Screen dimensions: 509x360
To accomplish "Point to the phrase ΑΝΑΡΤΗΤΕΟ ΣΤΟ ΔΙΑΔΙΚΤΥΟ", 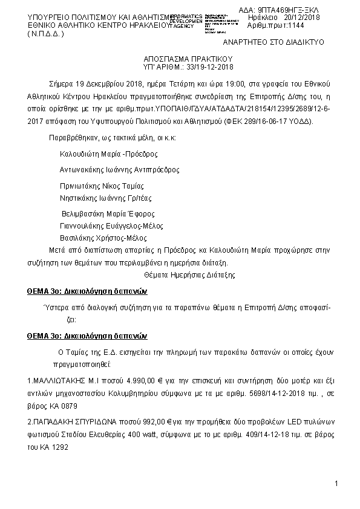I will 274,42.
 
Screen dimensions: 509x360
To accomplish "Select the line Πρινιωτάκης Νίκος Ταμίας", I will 102,186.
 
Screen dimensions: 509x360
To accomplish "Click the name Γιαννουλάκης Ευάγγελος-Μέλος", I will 108,225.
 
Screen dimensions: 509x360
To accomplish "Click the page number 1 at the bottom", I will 335,484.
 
